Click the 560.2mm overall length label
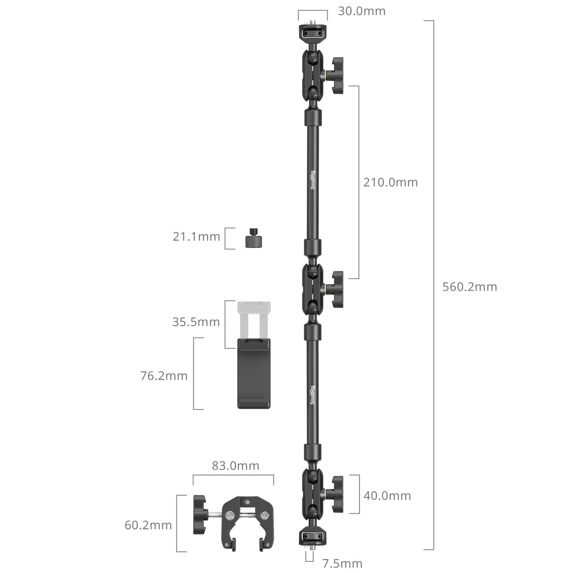470,287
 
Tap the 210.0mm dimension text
391,182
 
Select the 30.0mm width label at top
362,11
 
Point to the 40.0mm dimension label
387,496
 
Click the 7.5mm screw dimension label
342,563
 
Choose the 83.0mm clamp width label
235,466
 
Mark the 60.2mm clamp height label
148,525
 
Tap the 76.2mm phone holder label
164,376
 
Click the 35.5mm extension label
196,322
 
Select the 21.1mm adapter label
196,237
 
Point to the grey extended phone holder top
254,317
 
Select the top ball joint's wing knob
336,75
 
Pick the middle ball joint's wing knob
336,289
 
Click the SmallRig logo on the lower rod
312,395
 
